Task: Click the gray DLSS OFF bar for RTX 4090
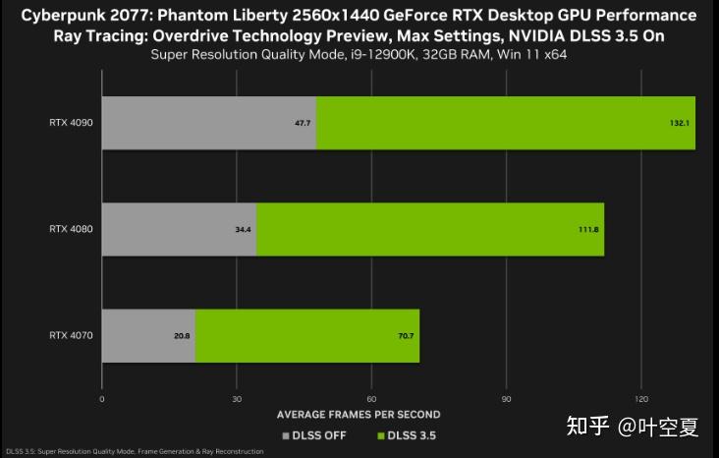click(x=208, y=123)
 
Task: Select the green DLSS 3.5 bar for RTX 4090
click(x=506, y=123)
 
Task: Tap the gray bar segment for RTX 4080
click(x=179, y=229)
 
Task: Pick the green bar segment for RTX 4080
click(x=430, y=229)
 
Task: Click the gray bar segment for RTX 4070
click(x=148, y=335)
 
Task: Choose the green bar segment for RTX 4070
click(x=307, y=335)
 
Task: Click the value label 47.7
click(x=303, y=124)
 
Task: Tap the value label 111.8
click(x=588, y=230)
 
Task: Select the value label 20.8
click(x=182, y=336)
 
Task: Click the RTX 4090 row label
click(x=71, y=123)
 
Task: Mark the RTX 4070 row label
click(x=71, y=335)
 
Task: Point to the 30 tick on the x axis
click(x=237, y=399)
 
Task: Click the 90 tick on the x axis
click(x=506, y=399)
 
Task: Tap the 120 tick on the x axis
click(x=640, y=399)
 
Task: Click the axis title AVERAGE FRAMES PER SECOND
click(x=359, y=415)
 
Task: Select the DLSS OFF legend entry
click(x=313, y=434)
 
